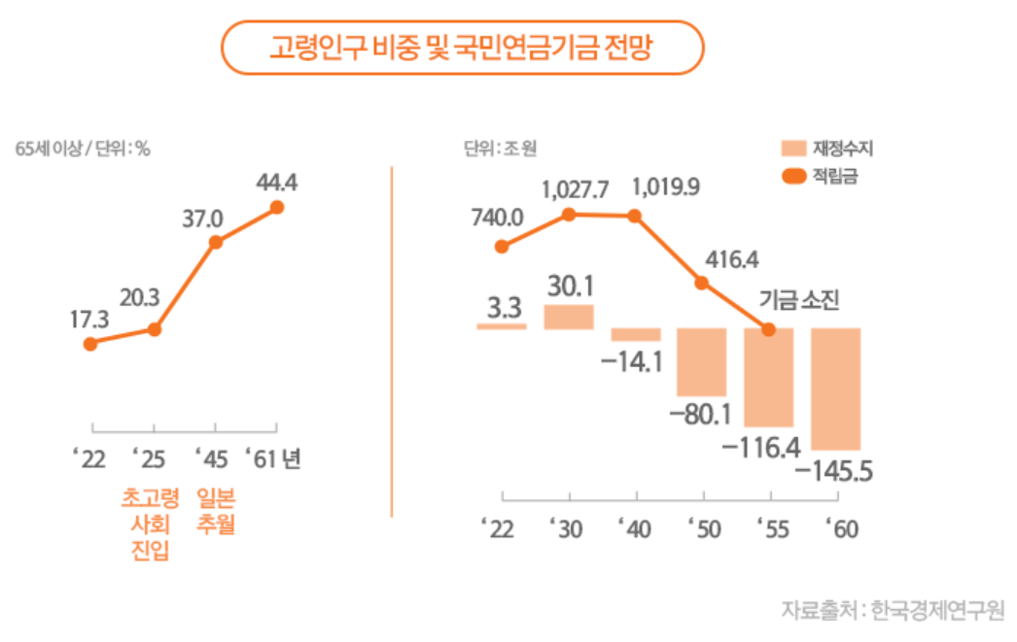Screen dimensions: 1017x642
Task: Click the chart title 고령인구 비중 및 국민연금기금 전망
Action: click(461, 48)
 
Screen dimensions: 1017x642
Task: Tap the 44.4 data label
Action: click(277, 183)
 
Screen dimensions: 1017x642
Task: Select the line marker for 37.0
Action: click(216, 242)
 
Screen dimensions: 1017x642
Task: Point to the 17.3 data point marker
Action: click(90, 344)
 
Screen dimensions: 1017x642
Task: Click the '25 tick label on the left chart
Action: click(149, 459)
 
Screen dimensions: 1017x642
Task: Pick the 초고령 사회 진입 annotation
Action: click(151, 524)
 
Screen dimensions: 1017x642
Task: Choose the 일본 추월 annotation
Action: click(216, 511)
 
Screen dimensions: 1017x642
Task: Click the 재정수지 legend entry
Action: click(827, 149)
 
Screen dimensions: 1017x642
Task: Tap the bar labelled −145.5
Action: click(836, 389)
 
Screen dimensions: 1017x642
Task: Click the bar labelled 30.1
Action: click(569, 317)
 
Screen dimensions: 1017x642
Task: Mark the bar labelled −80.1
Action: click(702, 362)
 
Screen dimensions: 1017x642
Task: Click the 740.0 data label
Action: click(498, 218)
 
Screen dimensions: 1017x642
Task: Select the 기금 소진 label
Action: click(799, 300)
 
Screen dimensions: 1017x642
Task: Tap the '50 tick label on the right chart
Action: click(704, 529)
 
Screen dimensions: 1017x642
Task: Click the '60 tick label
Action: click(842, 529)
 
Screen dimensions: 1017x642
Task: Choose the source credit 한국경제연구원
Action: click(937, 610)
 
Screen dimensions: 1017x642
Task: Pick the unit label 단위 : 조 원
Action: click(500, 149)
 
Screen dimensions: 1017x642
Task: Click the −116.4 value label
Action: click(761, 448)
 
